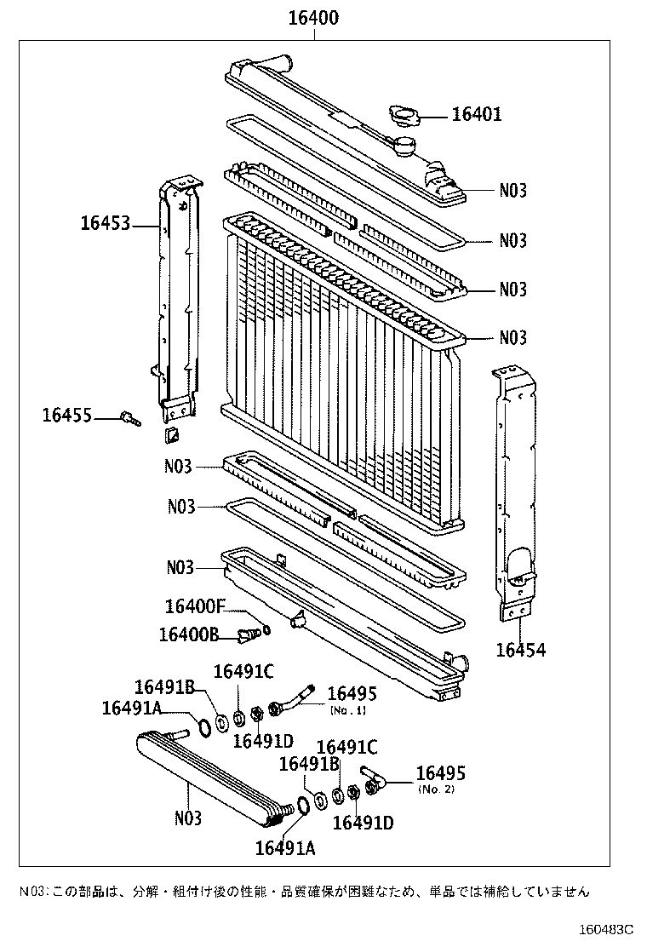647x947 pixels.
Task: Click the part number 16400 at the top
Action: pyautogui.click(x=312, y=17)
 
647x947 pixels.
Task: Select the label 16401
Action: pyautogui.click(x=476, y=114)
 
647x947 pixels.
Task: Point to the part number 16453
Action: pyautogui.click(x=106, y=224)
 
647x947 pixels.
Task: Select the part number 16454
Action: pyautogui.click(x=521, y=650)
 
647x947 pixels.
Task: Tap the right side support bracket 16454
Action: pyautogui.click(x=515, y=494)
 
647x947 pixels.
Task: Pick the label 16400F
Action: pyautogui.click(x=195, y=606)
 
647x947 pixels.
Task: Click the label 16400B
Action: pyautogui.click(x=189, y=634)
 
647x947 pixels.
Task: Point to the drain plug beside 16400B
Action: pyautogui.click(x=248, y=634)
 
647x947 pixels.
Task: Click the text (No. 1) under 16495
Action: pyautogui.click(x=348, y=709)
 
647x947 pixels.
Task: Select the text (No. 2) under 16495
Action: pyautogui.click(x=437, y=790)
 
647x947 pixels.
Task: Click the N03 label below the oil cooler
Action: pyautogui.click(x=188, y=818)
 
